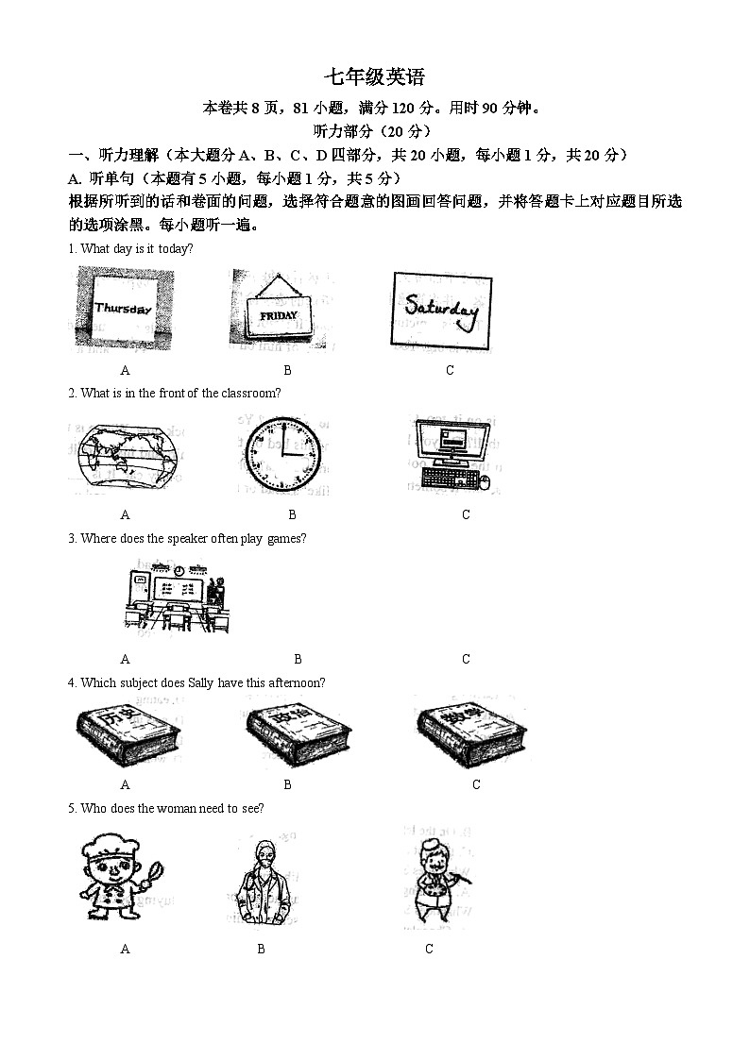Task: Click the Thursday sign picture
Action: click(124, 309)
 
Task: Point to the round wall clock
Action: click(282, 454)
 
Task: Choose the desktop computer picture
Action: click(452, 454)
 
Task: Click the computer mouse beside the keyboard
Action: click(486, 481)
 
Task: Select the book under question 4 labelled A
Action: click(127, 732)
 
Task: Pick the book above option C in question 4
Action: click(470, 732)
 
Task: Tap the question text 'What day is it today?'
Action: click(137, 249)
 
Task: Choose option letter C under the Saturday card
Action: click(450, 371)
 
